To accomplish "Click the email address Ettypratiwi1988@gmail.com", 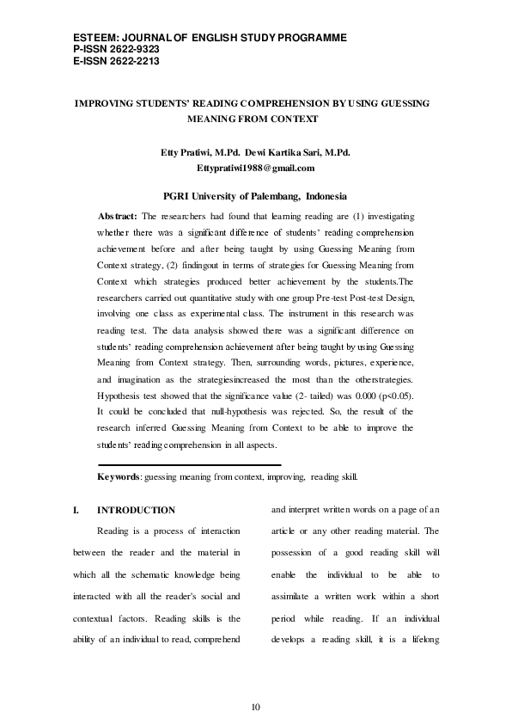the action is tap(255, 168).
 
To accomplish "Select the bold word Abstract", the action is tap(118, 216).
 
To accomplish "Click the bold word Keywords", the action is tap(119, 476).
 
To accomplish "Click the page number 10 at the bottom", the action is tap(255, 707).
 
